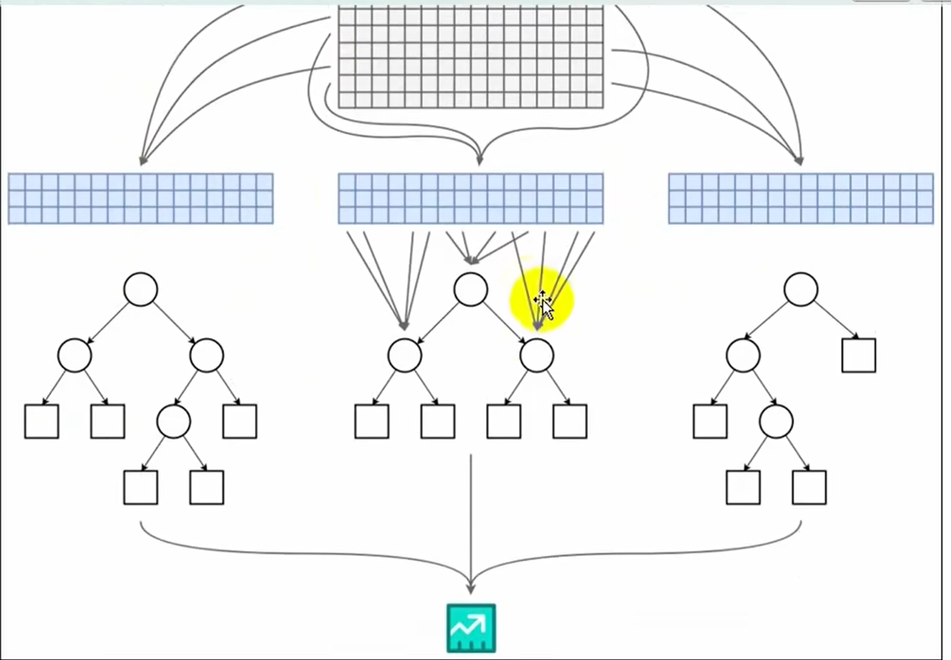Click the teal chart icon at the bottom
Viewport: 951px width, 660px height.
tap(471, 628)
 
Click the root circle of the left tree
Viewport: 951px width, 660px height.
tap(141, 289)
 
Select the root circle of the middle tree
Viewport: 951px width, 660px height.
tap(470, 289)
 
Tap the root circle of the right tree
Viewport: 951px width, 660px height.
tap(801, 289)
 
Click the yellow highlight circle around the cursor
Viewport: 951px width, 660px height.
tap(542, 300)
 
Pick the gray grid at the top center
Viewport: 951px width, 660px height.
tap(470, 57)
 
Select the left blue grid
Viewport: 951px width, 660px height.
tap(141, 199)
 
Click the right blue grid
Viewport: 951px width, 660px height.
tap(801, 199)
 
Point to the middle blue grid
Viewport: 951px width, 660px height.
tap(470, 199)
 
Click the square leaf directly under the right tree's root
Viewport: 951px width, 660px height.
tap(859, 356)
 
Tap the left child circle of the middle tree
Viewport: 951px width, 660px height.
tap(405, 356)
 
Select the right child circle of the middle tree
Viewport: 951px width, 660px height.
tap(537, 356)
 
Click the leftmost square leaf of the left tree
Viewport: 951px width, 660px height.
tap(42, 422)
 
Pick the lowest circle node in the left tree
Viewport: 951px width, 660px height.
tap(174, 422)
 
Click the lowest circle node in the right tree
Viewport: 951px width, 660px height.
tap(777, 422)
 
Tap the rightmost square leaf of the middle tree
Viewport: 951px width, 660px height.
tap(570, 422)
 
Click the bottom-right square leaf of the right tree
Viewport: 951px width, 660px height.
tap(809, 487)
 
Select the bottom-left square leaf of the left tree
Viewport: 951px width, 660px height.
tap(141, 487)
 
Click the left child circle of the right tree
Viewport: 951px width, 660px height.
tap(743, 356)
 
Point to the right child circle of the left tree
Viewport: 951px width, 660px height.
tap(206, 356)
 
